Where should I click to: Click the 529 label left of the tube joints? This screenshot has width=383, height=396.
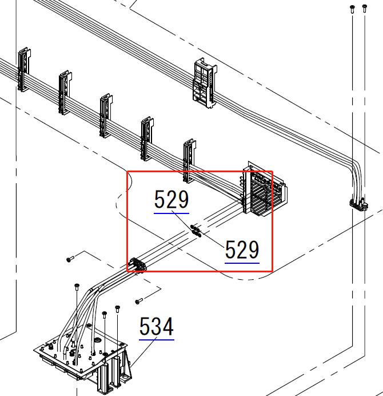click(x=171, y=199)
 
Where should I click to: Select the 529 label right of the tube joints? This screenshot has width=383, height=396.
click(x=242, y=250)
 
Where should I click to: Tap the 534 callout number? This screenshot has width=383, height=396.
click(x=157, y=327)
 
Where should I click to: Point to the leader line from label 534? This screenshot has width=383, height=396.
click(x=143, y=351)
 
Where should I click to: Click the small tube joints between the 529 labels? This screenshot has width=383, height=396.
click(x=196, y=231)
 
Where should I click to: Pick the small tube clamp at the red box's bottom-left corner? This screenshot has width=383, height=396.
click(x=138, y=265)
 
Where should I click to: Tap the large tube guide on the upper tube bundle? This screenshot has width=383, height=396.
click(x=205, y=83)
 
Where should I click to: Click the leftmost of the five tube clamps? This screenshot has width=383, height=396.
click(x=24, y=69)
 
